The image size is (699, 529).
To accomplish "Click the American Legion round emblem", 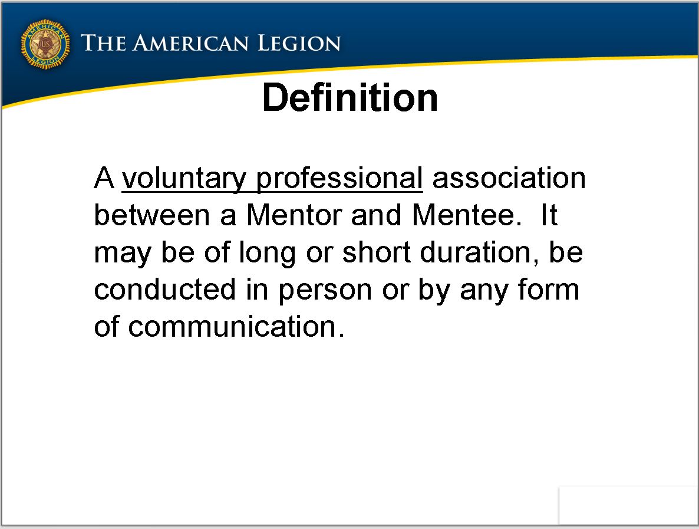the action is [x=45, y=44].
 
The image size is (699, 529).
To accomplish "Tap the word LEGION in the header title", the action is [x=299, y=43].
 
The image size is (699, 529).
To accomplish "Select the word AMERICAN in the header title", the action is [x=190, y=43].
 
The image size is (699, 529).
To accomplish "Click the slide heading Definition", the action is [x=350, y=98].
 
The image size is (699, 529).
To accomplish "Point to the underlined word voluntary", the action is [x=184, y=179].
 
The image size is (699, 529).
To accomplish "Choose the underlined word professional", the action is [x=339, y=179].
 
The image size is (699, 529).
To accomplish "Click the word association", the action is [x=509, y=178].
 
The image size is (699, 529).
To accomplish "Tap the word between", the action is [x=151, y=215].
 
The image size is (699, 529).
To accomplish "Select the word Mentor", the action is [x=294, y=215].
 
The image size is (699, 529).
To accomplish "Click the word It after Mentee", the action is [x=549, y=215].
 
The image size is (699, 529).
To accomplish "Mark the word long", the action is [x=267, y=253].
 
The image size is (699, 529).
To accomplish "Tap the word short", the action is [x=376, y=252].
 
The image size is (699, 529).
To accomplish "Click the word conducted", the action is [x=164, y=290].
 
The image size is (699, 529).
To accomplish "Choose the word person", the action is [x=325, y=291].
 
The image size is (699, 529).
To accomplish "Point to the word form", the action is [x=548, y=289].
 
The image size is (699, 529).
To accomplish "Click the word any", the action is [x=484, y=291].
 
